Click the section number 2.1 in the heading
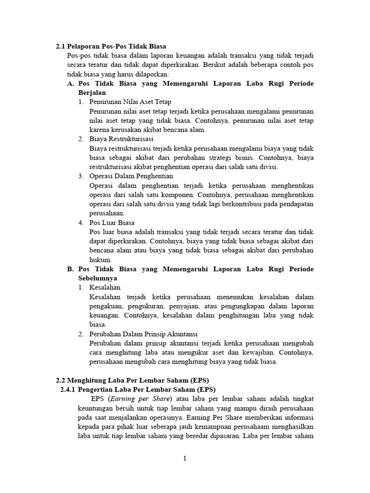(61, 47)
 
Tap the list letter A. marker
(70, 84)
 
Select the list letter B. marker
(70, 269)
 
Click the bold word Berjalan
(92, 93)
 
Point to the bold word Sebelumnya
(98, 278)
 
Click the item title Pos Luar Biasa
(112, 223)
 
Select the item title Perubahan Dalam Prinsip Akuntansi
(144, 334)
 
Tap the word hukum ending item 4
(100, 260)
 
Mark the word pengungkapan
(237, 306)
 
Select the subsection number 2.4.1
(70, 389)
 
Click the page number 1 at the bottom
(185, 459)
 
